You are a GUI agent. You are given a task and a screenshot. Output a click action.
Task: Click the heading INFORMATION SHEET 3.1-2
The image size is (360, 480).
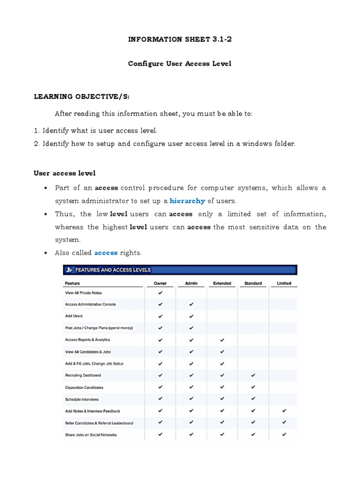tap(180, 39)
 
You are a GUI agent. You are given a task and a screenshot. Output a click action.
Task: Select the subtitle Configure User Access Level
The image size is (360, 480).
tap(180, 63)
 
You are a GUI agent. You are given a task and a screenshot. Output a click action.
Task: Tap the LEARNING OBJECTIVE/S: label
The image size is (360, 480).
tap(81, 97)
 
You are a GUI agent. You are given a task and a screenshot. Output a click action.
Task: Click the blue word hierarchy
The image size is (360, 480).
tap(187, 201)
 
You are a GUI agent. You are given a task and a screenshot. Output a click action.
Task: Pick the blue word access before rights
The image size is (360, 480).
tap(106, 253)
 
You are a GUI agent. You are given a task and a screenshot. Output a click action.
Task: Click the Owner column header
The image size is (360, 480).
tap(160, 283)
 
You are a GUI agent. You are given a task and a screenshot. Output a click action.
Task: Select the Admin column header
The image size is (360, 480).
tap(191, 283)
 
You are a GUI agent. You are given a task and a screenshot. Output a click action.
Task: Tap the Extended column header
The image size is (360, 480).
tap(222, 283)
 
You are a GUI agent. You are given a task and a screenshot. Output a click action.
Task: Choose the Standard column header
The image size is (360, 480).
tap(253, 283)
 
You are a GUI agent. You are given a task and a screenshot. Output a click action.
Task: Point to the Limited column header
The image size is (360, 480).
tap(284, 283)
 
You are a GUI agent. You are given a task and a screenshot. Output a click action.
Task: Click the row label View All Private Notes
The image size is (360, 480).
tap(83, 292)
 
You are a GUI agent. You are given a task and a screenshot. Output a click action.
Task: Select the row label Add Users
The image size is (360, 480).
tap(74, 316)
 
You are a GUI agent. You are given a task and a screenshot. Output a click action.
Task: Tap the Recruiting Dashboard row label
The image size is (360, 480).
tap(83, 375)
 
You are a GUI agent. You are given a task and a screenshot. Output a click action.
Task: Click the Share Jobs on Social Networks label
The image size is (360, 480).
tap(91, 435)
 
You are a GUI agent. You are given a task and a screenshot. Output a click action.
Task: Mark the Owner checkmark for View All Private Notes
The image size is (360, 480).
tap(160, 292)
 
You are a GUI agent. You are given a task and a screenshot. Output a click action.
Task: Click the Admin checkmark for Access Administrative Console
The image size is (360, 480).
tap(191, 304)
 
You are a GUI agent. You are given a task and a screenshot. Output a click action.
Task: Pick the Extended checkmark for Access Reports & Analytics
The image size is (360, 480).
tap(222, 339)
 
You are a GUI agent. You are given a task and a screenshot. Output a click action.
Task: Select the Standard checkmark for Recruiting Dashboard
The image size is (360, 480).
tap(253, 375)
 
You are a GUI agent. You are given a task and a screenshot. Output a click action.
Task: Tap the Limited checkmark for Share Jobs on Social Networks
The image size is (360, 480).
tap(284, 435)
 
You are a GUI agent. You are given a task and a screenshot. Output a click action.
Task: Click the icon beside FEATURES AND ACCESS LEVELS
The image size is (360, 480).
tap(69, 270)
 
